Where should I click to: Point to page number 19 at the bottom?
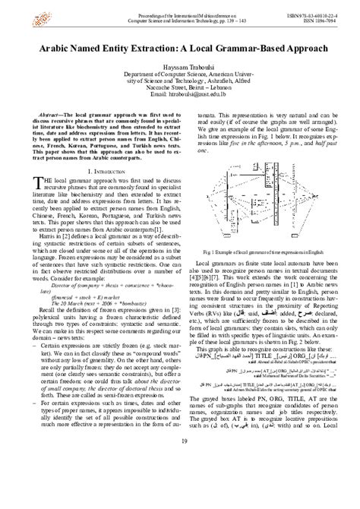(x=179, y=485)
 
